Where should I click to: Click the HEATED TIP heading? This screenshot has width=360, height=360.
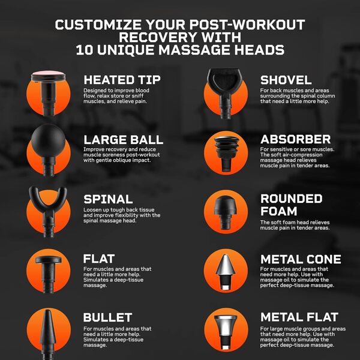point(122,80)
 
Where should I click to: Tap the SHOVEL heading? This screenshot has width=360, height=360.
point(286,80)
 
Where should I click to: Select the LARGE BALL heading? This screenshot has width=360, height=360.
point(123,140)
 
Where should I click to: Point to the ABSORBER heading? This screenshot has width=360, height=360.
point(295,139)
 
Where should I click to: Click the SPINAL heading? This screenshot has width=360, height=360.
point(108,199)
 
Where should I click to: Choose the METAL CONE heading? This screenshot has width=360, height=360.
point(301,259)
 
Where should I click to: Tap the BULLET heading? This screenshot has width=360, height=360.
point(107,317)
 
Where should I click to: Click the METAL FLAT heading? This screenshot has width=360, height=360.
point(299,317)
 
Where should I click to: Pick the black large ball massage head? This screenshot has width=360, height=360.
point(48,149)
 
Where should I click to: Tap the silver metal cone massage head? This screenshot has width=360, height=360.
point(226,272)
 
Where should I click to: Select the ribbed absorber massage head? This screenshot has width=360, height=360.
point(226,152)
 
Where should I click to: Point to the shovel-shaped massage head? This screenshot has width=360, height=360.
point(225,92)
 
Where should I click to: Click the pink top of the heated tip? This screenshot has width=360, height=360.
point(48,73)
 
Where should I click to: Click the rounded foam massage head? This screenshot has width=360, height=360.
point(225,212)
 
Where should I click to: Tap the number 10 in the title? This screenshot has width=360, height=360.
point(84,50)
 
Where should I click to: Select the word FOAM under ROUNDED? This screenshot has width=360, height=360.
point(279,211)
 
